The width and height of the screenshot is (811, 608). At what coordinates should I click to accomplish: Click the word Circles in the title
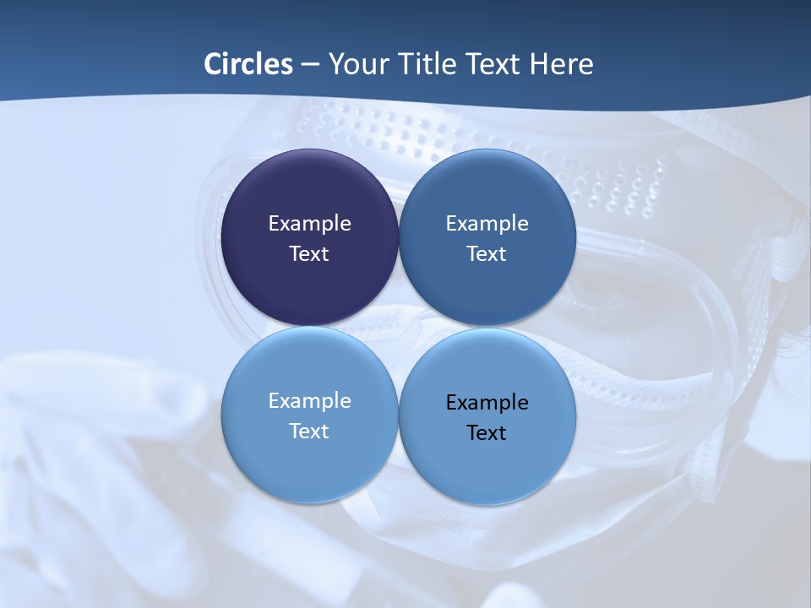tap(248, 64)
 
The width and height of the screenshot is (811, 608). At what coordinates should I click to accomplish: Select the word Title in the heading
tap(423, 64)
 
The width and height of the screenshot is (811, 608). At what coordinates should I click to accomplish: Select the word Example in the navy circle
tap(309, 223)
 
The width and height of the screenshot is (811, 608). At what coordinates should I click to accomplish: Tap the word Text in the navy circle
tap(309, 253)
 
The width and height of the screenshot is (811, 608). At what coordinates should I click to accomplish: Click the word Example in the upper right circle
tap(487, 223)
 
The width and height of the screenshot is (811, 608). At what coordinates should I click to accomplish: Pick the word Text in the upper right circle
tap(487, 253)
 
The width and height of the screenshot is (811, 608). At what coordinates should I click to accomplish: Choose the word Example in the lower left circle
tap(309, 400)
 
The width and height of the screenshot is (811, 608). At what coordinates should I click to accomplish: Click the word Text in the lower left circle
tap(309, 431)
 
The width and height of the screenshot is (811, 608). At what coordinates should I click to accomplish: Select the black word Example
tap(487, 402)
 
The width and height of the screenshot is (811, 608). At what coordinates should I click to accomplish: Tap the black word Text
tap(487, 432)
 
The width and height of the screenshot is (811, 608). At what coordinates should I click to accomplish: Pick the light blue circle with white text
tap(309, 464)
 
